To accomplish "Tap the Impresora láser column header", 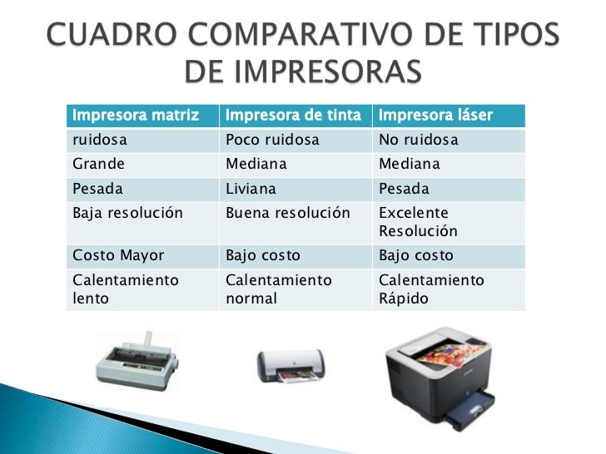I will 435,115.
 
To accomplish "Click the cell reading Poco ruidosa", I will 272,140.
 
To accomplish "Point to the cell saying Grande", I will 99,164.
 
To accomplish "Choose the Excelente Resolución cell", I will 418,221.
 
